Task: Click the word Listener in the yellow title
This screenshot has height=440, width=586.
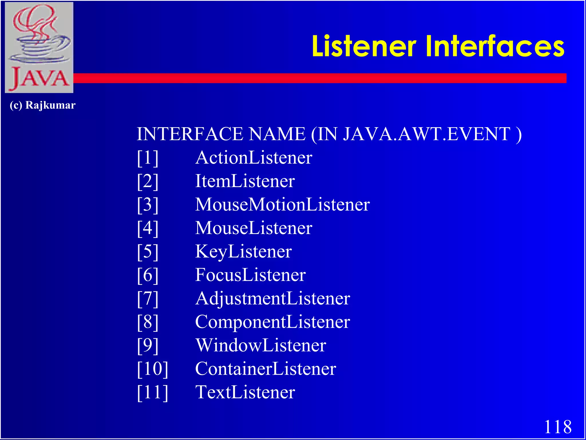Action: pyautogui.click(x=364, y=46)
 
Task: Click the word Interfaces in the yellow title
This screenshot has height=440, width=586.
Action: pyautogui.click(x=495, y=46)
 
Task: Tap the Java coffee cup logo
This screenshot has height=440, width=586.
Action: pyautogui.click(x=39, y=47)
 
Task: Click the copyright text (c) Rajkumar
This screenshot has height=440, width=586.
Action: pyautogui.click(x=43, y=105)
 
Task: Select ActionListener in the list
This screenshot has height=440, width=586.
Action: pyautogui.click(x=254, y=158)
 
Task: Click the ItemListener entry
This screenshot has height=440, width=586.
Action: pyautogui.click(x=245, y=181)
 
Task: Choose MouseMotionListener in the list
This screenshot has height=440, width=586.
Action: pyautogui.click(x=282, y=205)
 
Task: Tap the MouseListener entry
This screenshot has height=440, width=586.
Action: pyautogui.click(x=254, y=228)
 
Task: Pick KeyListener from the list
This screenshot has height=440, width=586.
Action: pyautogui.click(x=243, y=252)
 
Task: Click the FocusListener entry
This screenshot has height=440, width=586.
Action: pyautogui.click(x=250, y=275)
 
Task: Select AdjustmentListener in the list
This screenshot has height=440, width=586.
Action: pyautogui.click(x=272, y=298)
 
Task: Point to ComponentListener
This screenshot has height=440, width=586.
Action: pyautogui.click(x=272, y=322)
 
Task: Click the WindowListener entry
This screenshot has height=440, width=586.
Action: pyautogui.click(x=261, y=345)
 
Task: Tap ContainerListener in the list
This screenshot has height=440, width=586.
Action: pyautogui.click(x=266, y=369)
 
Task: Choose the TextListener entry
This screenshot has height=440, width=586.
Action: pyautogui.click(x=245, y=392)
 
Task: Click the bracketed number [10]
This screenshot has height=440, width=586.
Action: pyautogui.click(x=153, y=369)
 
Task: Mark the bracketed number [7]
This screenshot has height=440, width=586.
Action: pyautogui.click(x=148, y=298)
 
